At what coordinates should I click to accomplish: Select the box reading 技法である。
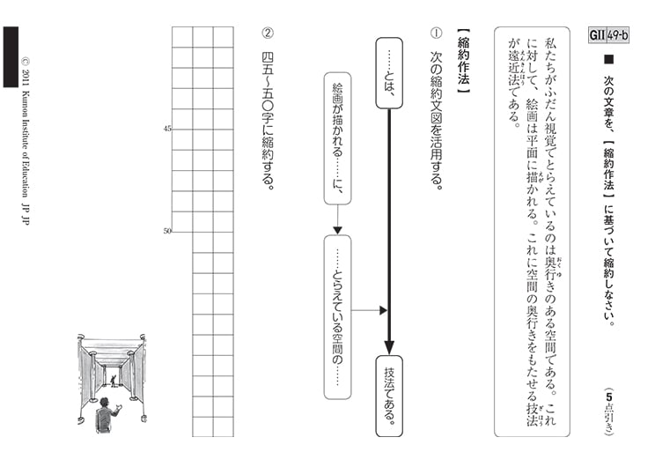[x=389, y=396]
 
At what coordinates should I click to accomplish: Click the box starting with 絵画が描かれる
[x=337, y=137]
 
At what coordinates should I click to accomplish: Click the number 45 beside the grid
[x=167, y=130]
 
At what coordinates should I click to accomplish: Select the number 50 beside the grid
[x=167, y=232]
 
